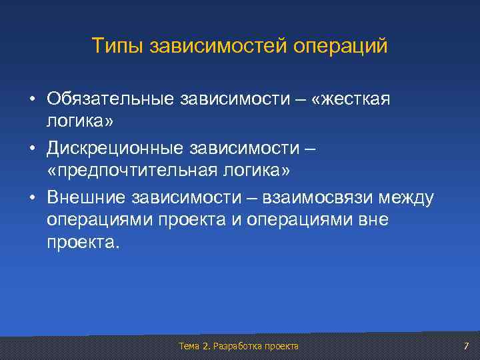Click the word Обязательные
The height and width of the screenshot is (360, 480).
click(109, 99)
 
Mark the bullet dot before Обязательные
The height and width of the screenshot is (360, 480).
click(32, 99)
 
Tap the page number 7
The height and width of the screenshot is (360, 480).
click(466, 346)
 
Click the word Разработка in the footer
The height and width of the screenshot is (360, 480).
click(236, 346)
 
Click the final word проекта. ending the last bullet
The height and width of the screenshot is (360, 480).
click(83, 245)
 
